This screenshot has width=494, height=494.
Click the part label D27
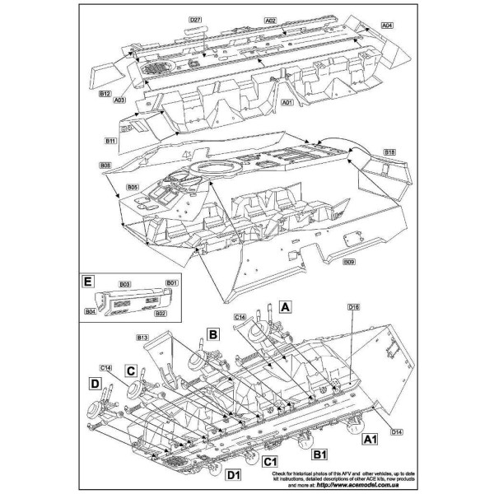(x=195, y=19)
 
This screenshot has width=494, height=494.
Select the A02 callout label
(x=271, y=19)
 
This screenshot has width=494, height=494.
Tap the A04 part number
(x=386, y=26)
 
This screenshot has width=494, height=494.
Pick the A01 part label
(x=287, y=103)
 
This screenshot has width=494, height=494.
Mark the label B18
(x=390, y=153)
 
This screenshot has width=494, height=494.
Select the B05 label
(x=132, y=188)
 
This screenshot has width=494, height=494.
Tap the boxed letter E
(x=87, y=282)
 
